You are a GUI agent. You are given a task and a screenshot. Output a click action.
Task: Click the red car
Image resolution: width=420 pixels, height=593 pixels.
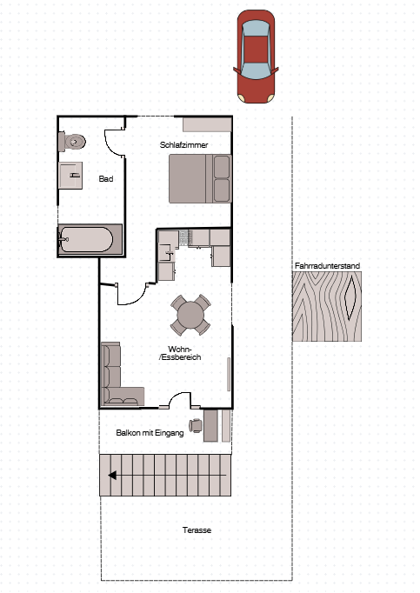click(256, 57)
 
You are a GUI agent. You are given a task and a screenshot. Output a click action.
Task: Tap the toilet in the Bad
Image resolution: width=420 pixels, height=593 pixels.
click(72, 142)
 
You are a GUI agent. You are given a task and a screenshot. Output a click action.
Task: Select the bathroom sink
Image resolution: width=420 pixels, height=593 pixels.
click(70, 175)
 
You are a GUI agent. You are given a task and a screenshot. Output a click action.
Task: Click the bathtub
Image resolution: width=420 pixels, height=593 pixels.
click(90, 240)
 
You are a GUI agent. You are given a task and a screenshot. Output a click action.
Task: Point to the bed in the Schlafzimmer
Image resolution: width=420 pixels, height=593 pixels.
click(200, 178)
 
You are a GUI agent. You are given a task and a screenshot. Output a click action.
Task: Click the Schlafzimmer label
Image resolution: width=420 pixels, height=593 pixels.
click(183, 145)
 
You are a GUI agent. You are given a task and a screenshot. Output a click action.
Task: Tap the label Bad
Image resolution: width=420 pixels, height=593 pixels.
click(106, 178)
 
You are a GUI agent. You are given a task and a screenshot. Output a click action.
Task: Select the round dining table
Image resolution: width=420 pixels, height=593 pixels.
click(190, 315)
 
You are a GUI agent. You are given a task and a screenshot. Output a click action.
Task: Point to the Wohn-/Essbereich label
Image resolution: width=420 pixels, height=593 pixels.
click(180, 353)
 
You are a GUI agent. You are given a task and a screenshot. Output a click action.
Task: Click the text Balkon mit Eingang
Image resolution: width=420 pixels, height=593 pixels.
click(150, 433)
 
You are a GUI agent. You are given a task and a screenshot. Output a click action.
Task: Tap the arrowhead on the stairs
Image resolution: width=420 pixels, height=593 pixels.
click(112, 475)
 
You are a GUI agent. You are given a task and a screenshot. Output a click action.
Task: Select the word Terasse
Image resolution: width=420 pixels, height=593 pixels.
click(197, 530)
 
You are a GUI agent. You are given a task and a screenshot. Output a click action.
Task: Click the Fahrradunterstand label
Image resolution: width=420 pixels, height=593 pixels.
click(327, 265)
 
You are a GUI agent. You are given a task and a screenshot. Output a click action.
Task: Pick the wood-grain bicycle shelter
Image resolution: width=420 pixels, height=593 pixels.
click(327, 306)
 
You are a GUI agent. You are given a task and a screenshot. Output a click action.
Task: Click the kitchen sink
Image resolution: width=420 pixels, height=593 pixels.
click(166, 253)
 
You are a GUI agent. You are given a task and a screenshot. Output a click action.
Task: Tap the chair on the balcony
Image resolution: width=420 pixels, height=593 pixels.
click(196, 425)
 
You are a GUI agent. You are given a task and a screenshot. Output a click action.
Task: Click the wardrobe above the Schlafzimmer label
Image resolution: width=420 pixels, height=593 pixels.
click(207, 124)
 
